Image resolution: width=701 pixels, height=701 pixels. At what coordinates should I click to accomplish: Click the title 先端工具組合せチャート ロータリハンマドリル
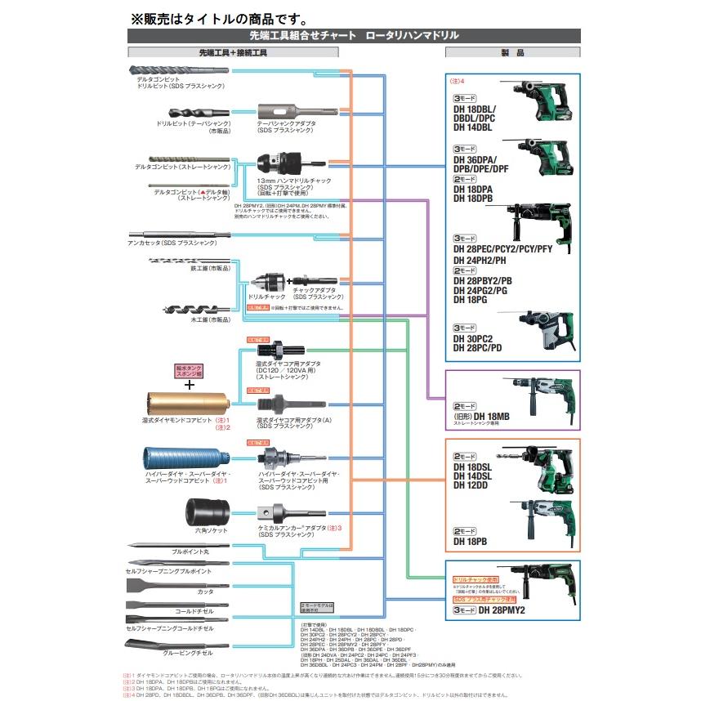click(354, 36)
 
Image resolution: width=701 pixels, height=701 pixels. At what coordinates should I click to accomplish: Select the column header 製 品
click(511, 52)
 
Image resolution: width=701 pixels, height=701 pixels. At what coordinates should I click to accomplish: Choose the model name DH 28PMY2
click(502, 609)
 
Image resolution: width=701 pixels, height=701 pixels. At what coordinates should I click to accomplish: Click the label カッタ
click(204, 590)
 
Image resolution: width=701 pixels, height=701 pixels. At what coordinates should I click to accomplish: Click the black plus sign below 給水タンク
click(190, 384)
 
